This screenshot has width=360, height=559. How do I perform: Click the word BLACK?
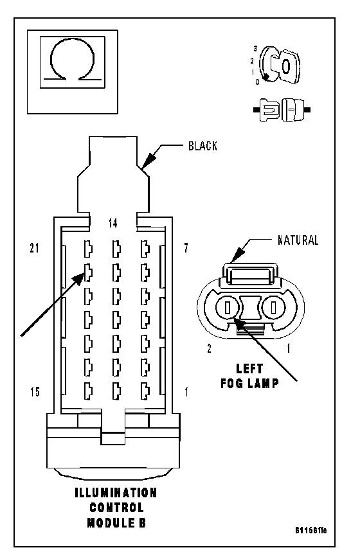[x=203, y=146]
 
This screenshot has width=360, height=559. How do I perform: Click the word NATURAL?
[x=298, y=240]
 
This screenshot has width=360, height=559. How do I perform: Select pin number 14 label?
[x=113, y=223]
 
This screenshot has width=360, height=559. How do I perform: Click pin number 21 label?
[x=34, y=248]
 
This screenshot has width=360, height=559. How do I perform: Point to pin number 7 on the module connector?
[x=186, y=248]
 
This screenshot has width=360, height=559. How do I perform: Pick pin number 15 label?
[x=35, y=392]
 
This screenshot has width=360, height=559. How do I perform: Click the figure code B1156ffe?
[x=310, y=530]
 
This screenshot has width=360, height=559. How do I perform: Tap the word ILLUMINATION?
[x=116, y=493]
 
